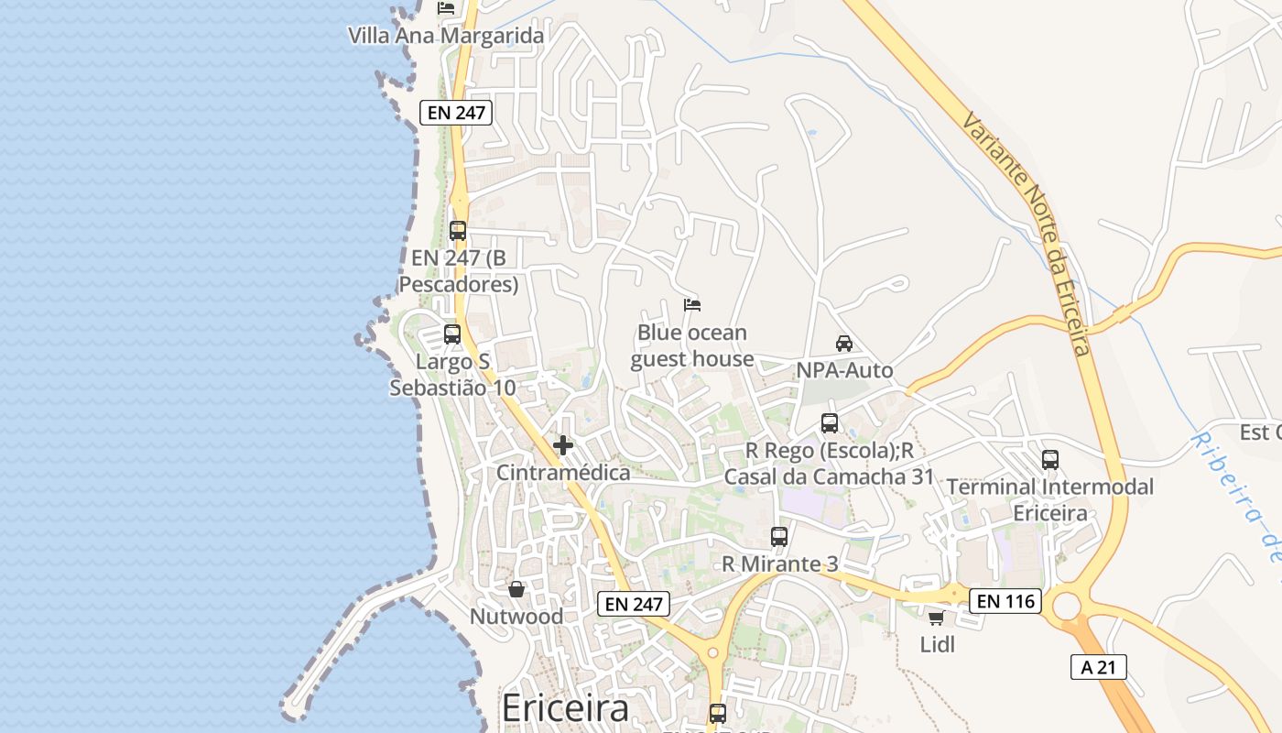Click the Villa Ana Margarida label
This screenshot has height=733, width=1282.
click(x=446, y=36)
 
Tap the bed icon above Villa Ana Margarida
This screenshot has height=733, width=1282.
click(x=446, y=8)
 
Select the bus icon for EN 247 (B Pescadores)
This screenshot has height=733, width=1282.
click(x=458, y=231)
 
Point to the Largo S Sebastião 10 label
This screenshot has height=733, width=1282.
click(x=452, y=375)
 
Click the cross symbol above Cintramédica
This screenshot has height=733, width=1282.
click(x=563, y=445)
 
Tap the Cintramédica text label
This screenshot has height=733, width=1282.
click(x=563, y=473)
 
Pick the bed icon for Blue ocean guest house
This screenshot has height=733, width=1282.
click(x=692, y=304)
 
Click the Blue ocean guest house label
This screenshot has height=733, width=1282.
click(x=692, y=345)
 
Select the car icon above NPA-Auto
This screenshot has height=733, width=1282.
click(x=844, y=344)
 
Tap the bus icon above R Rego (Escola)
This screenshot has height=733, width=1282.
click(x=830, y=423)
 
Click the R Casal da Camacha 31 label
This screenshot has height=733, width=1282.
click(x=829, y=476)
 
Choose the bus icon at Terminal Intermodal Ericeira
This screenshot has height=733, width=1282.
click(x=1050, y=460)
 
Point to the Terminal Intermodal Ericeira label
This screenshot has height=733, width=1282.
click(x=1050, y=499)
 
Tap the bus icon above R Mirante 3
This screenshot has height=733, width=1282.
click(x=779, y=537)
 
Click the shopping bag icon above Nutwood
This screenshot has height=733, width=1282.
click(x=516, y=589)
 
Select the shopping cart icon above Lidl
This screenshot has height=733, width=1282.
click(x=936, y=618)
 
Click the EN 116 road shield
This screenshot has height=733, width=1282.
click(x=1005, y=601)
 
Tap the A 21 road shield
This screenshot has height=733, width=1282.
click(x=1098, y=667)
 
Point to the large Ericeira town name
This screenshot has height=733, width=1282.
click(x=566, y=708)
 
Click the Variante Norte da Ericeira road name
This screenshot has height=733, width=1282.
click(x=1026, y=234)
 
